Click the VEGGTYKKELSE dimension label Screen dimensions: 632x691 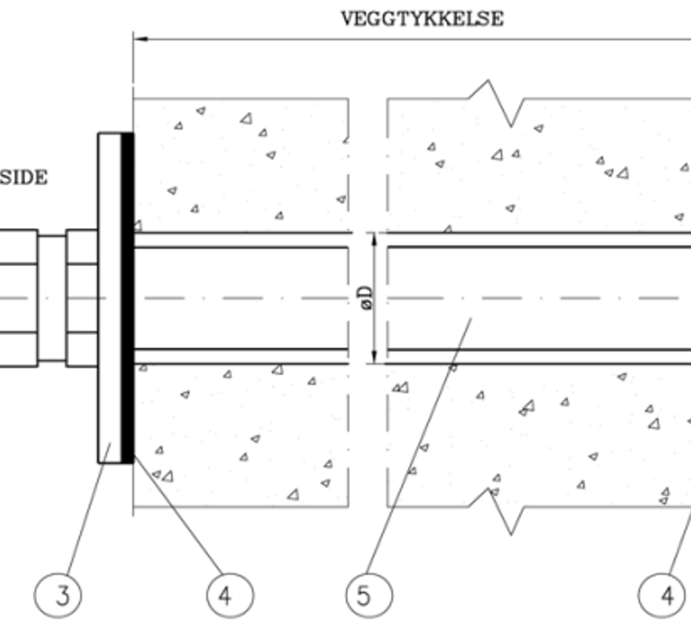coord(422,19)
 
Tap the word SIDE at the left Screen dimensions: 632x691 coord(24,177)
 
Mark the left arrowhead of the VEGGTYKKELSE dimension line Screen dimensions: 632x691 coord(140,38)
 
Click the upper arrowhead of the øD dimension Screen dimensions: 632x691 coord(372,238)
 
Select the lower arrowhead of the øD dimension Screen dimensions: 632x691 coord(372,357)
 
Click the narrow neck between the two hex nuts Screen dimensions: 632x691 coord(51,297)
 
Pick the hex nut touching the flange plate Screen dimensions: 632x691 coord(82,297)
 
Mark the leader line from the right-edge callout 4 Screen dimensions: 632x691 coord(680,539)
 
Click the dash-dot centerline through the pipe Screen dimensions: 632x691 coord(253,297)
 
